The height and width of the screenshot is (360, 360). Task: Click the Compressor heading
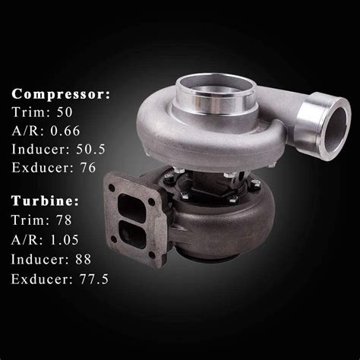pyautogui.click(x=61, y=94)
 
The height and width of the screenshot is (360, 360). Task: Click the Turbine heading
pyautogui.click(x=46, y=201)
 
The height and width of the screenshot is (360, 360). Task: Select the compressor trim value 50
pyautogui.click(x=65, y=112)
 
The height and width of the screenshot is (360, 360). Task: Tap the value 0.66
pyautogui.click(x=65, y=131)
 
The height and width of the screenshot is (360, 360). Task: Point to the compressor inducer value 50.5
pyautogui.click(x=90, y=149)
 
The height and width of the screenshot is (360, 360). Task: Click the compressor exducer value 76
pyautogui.click(x=88, y=168)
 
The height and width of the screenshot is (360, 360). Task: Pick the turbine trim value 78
pyautogui.click(x=64, y=220)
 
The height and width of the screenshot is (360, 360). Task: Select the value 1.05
pyautogui.click(x=65, y=239)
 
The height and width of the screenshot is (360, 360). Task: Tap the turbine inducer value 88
pyautogui.click(x=83, y=259)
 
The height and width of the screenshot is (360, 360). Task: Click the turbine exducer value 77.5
pyautogui.click(x=94, y=279)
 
